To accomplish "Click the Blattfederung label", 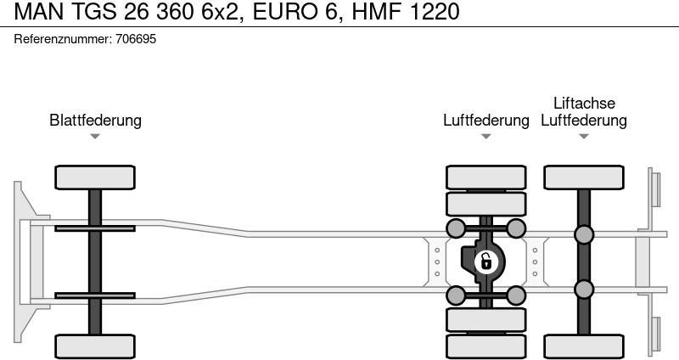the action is (x=95, y=120).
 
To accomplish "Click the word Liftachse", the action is (x=584, y=103).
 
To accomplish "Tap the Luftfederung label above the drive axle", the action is (x=485, y=120).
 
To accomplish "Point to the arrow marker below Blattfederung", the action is (x=95, y=137).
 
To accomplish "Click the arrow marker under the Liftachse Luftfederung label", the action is (x=584, y=137).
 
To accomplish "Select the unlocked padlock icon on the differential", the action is (x=485, y=262).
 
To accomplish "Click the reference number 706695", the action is (x=136, y=39).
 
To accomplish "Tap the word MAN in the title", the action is (x=39, y=11).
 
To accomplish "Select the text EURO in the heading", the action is (x=284, y=11).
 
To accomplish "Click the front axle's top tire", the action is (x=95, y=177).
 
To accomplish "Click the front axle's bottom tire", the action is (x=95, y=346).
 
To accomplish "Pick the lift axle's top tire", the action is (x=584, y=177).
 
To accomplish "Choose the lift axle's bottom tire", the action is (x=584, y=346).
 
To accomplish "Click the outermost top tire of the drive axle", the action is (x=485, y=177).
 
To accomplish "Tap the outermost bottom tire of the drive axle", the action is (x=485, y=346).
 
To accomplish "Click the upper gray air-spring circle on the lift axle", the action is (x=584, y=234).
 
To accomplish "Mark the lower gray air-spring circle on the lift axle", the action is (x=584, y=290).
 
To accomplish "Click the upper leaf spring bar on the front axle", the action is (x=95, y=228).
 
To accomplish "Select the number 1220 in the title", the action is (x=434, y=11).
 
